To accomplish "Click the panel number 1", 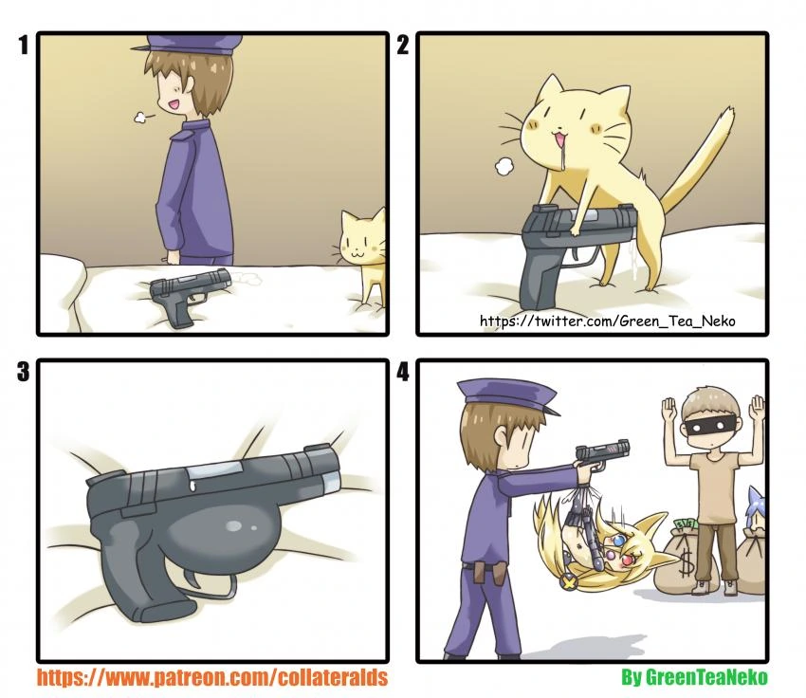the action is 23,45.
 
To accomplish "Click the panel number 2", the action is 402,45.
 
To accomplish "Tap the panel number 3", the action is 23,371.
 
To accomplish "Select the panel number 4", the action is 403,371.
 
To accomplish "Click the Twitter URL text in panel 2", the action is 607,321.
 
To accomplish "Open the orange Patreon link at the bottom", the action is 211,677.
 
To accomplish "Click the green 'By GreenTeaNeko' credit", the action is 694,676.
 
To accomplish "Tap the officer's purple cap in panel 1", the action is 188,46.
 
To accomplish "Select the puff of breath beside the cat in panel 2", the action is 504,166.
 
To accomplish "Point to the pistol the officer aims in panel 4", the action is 602,454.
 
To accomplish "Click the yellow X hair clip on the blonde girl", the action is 568,582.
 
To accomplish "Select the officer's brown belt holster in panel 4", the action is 486,572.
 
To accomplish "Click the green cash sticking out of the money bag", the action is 687,525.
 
